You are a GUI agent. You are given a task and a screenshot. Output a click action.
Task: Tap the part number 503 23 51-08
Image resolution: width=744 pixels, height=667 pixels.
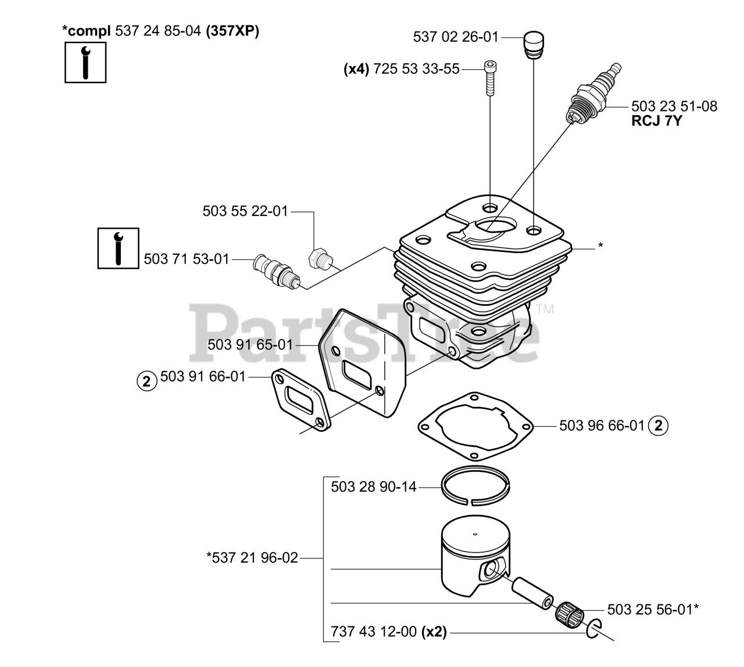pyautogui.click(x=674, y=106)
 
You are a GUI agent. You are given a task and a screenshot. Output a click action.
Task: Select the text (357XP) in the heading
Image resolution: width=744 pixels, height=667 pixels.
pyautogui.click(x=233, y=31)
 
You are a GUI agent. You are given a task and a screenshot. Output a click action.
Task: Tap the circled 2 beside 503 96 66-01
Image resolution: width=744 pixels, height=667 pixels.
pyautogui.click(x=658, y=426)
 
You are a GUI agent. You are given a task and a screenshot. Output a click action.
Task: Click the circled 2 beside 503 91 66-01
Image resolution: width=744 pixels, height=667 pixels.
pyautogui.click(x=146, y=381)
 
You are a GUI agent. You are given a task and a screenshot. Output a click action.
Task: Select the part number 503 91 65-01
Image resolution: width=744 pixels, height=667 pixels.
pyautogui.click(x=250, y=345)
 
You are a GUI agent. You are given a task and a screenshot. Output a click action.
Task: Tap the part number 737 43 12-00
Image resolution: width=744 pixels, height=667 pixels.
pyautogui.click(x=373, y=632)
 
